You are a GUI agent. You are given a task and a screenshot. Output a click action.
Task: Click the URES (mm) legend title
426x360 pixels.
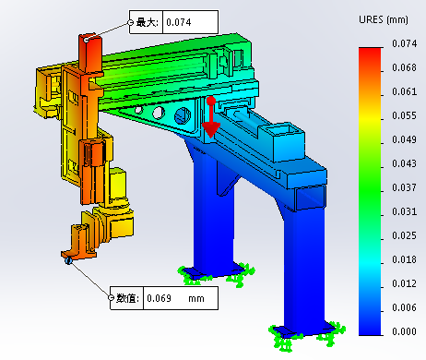[x=384, y=20]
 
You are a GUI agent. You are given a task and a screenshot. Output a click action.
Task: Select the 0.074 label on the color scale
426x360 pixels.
[x=404, y=43]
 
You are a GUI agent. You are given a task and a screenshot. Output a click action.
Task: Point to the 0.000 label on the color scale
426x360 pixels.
[x=404, y=331]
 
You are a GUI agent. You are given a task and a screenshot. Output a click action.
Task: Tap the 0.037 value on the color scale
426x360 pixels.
[x=404, y=187]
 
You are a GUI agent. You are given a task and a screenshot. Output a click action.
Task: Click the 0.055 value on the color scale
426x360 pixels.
[x=404, y=115]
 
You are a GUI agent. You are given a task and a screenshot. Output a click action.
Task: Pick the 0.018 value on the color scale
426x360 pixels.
[x=404, y=259]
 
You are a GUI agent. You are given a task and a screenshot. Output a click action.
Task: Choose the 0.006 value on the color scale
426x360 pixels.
[x=404, y=307]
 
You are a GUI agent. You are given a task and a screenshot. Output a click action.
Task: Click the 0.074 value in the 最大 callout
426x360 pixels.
[x=179, y=22]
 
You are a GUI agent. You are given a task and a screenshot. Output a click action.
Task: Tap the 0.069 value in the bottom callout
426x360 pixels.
[x=159, y=298]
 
